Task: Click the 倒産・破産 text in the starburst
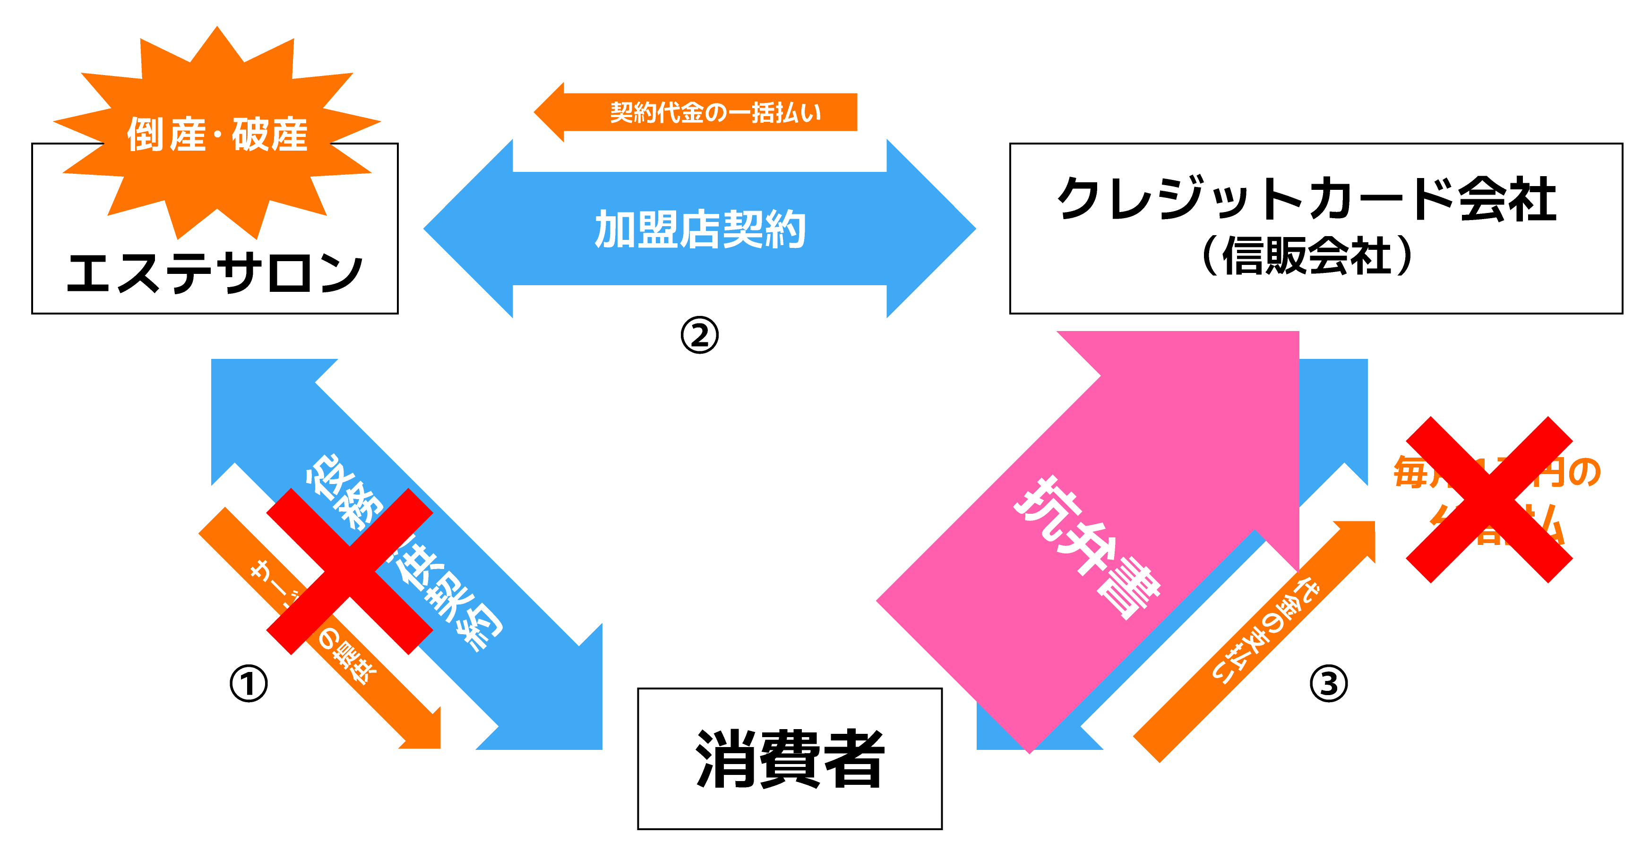click(217, 135)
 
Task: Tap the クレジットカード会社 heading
click(1306, 198)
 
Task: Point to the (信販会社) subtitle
click(1306, 256)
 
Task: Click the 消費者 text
click(790, 759)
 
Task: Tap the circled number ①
click(249, 684)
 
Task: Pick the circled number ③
click(1328, 684)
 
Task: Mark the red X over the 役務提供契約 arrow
click(349, 571)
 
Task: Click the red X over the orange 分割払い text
click(1489, 500)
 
